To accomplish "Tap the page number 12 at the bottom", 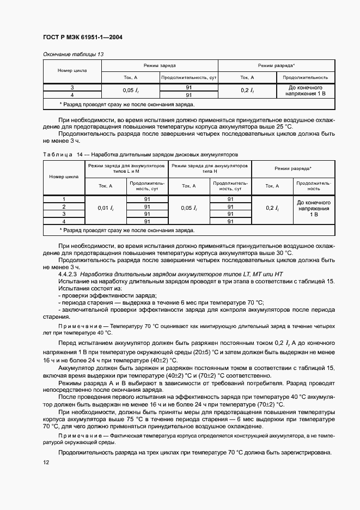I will click(46, 462).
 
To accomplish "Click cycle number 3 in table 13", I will click(72, 87).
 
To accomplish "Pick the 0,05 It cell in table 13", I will click(130, 90).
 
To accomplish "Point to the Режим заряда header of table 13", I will click(160, 65).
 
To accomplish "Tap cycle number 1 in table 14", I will click(64, 199).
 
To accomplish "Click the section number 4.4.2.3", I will click(68, 274).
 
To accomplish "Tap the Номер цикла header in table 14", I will click(64, 177).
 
